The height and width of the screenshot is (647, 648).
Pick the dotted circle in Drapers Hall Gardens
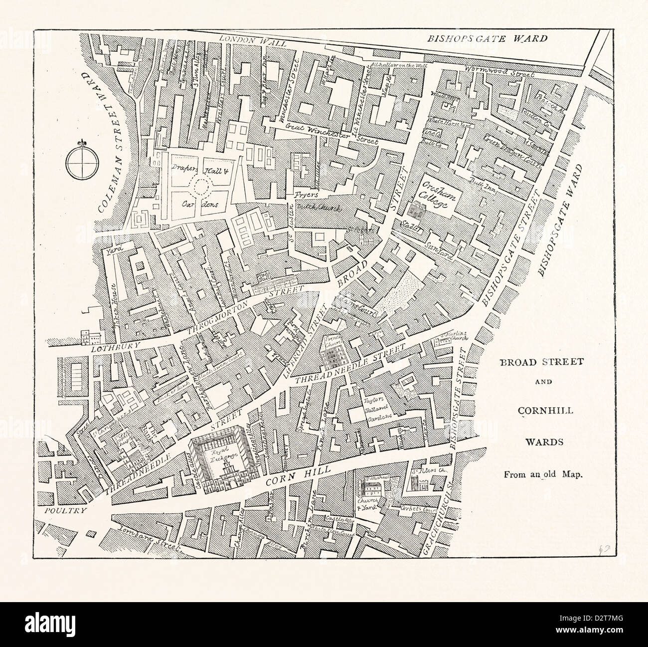click(203, 187)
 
